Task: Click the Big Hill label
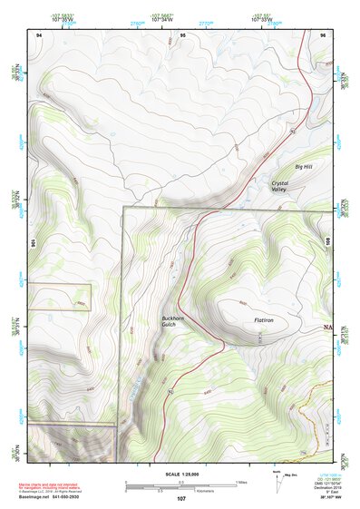tap(303, 167)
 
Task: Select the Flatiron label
tap(264, 320)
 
